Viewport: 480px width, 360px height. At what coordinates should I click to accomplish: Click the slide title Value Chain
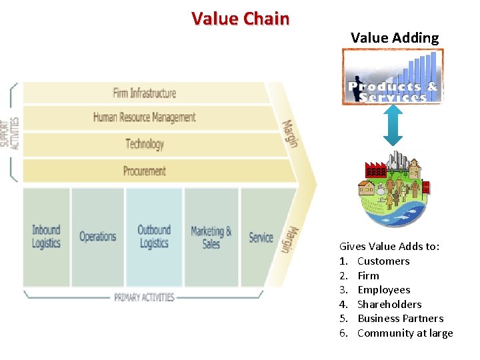[240, 18]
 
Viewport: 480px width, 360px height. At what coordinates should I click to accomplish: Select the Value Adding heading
[395, 37]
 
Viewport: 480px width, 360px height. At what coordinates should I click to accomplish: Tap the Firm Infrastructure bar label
[144, 93]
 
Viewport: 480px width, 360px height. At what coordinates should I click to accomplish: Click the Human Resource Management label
[144, 117]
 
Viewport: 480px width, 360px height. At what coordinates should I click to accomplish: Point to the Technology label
[144, 143]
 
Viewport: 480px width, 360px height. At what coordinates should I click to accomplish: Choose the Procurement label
[144, 171]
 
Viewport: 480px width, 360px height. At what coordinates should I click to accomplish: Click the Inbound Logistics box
[46, 236]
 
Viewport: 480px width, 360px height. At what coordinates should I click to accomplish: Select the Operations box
[97, 236]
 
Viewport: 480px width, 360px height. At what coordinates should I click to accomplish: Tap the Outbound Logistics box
[154, 236]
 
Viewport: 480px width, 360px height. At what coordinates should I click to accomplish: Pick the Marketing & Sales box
[211, 236]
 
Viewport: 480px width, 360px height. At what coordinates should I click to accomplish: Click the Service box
[261, 237]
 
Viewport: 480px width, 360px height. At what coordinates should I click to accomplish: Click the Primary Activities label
[144, 297]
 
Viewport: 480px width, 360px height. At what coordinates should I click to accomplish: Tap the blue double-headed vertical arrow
[393, 126]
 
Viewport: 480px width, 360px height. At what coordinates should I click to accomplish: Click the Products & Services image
[393, 77]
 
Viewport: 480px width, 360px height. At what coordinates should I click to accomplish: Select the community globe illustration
[393, 190]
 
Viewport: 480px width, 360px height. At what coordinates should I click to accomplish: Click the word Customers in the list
[383, 261]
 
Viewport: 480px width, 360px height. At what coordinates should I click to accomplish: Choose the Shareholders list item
[389, 304]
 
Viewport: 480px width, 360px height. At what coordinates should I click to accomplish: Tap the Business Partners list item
[400, 319]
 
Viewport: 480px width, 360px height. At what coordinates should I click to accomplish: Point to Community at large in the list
[405, 333]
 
